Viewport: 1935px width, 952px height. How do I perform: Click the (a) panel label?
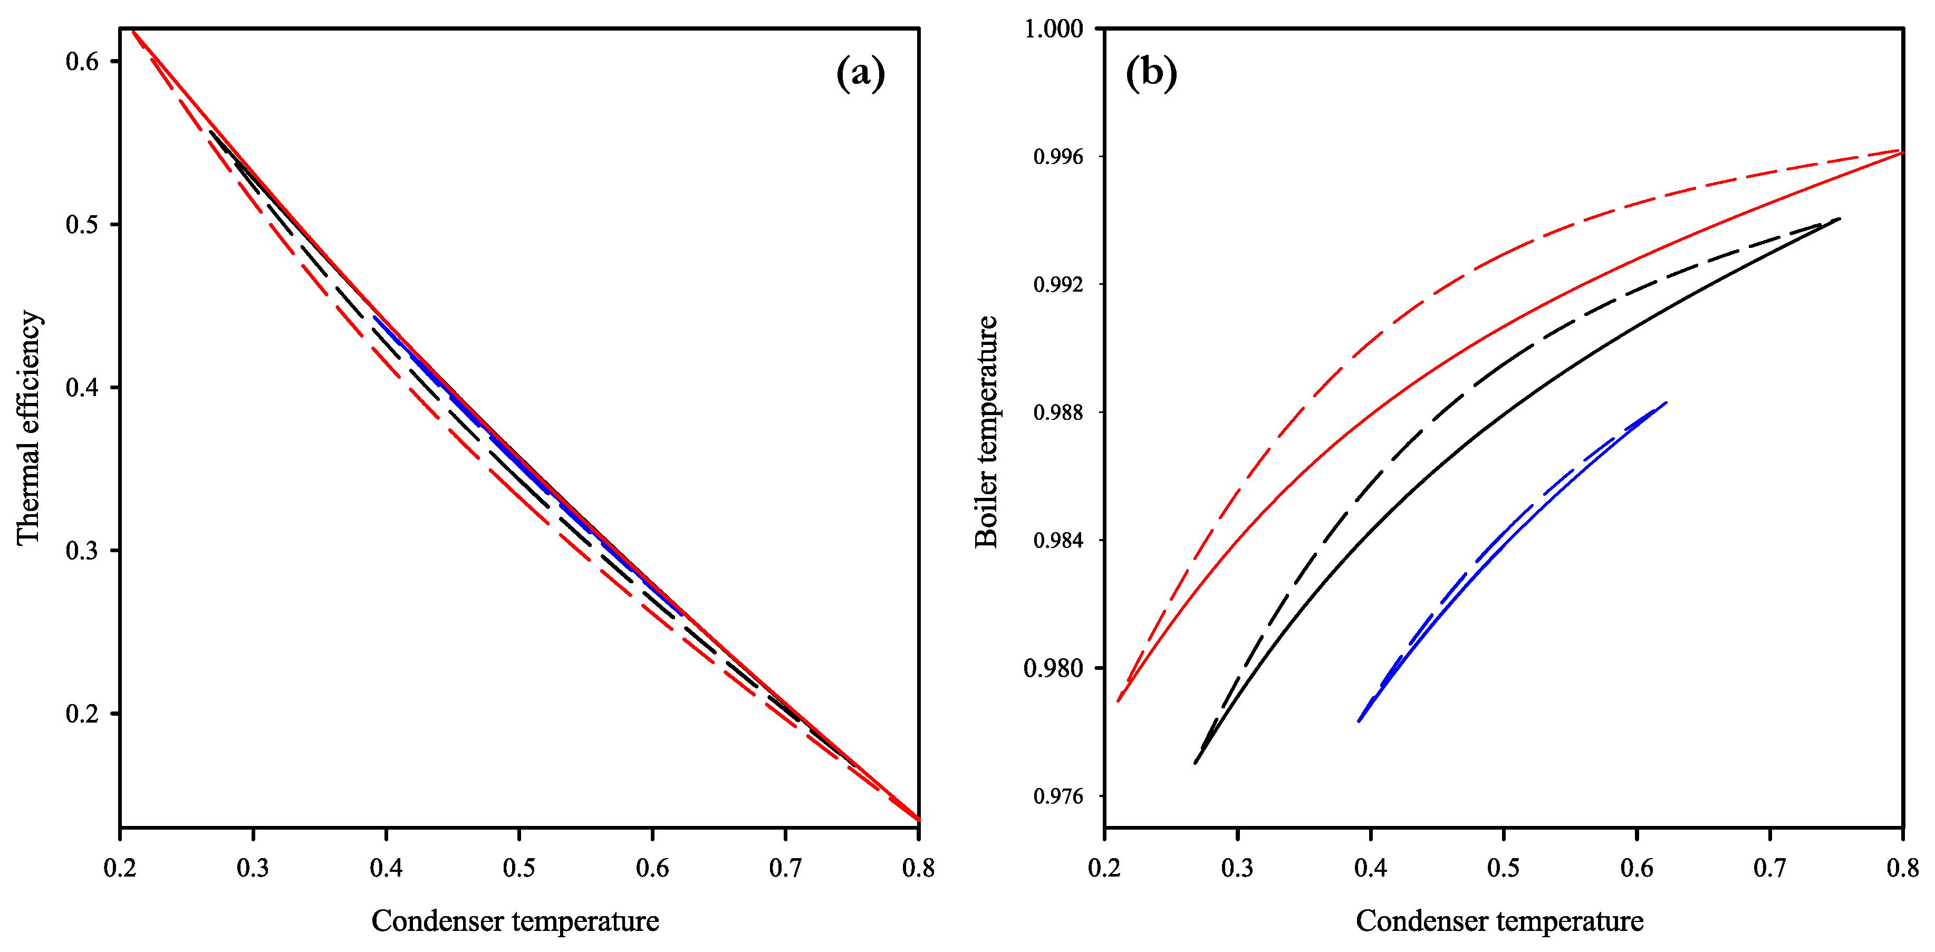(860, 74)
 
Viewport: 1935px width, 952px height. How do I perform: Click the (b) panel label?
(1151, 74)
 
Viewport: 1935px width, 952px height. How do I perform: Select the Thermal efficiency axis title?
(28, 427)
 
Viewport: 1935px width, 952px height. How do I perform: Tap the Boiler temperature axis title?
(986, 431)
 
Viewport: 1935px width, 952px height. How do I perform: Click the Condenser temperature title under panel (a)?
(515, 920)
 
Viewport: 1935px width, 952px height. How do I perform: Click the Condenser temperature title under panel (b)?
(1499, 920)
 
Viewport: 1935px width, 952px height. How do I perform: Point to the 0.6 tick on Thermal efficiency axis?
(83, 61)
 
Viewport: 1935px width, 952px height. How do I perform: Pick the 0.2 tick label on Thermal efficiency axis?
(83, 713)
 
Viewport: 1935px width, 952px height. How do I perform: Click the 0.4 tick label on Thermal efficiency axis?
(83, 387)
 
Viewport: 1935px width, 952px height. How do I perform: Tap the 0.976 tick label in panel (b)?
(1058, 796)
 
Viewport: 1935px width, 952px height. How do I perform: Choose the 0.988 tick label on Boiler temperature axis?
(1058, 412)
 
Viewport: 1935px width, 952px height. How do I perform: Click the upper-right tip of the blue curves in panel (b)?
(1666, 403)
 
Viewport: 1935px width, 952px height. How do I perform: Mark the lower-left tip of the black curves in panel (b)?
(1195, 763)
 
